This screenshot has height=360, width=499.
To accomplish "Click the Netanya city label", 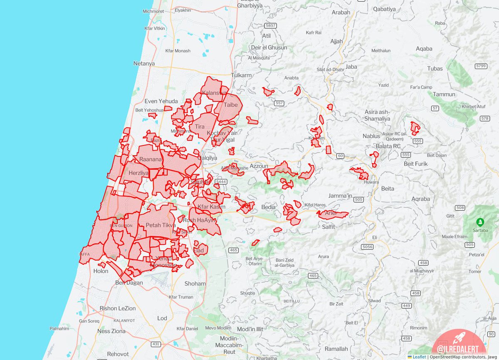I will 144,64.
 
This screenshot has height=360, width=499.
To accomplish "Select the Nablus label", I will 371,136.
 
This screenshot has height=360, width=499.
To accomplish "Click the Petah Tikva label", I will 161,225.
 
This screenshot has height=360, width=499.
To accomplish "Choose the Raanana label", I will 150,159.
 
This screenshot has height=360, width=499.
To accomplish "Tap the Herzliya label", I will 138,173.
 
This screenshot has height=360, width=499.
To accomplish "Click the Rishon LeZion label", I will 118,308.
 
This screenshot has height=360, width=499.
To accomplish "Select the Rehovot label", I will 118,354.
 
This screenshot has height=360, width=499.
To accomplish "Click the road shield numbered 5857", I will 270,26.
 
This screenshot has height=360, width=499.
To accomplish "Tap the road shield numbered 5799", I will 481,66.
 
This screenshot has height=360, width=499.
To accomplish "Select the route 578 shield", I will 485,119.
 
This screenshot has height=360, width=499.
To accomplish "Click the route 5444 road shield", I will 221,181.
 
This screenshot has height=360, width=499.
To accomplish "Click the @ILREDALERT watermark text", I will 456,349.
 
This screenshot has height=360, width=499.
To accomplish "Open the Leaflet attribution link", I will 419,357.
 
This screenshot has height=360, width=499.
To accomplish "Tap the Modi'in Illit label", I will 250,329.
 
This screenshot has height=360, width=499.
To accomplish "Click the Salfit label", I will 329,227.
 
